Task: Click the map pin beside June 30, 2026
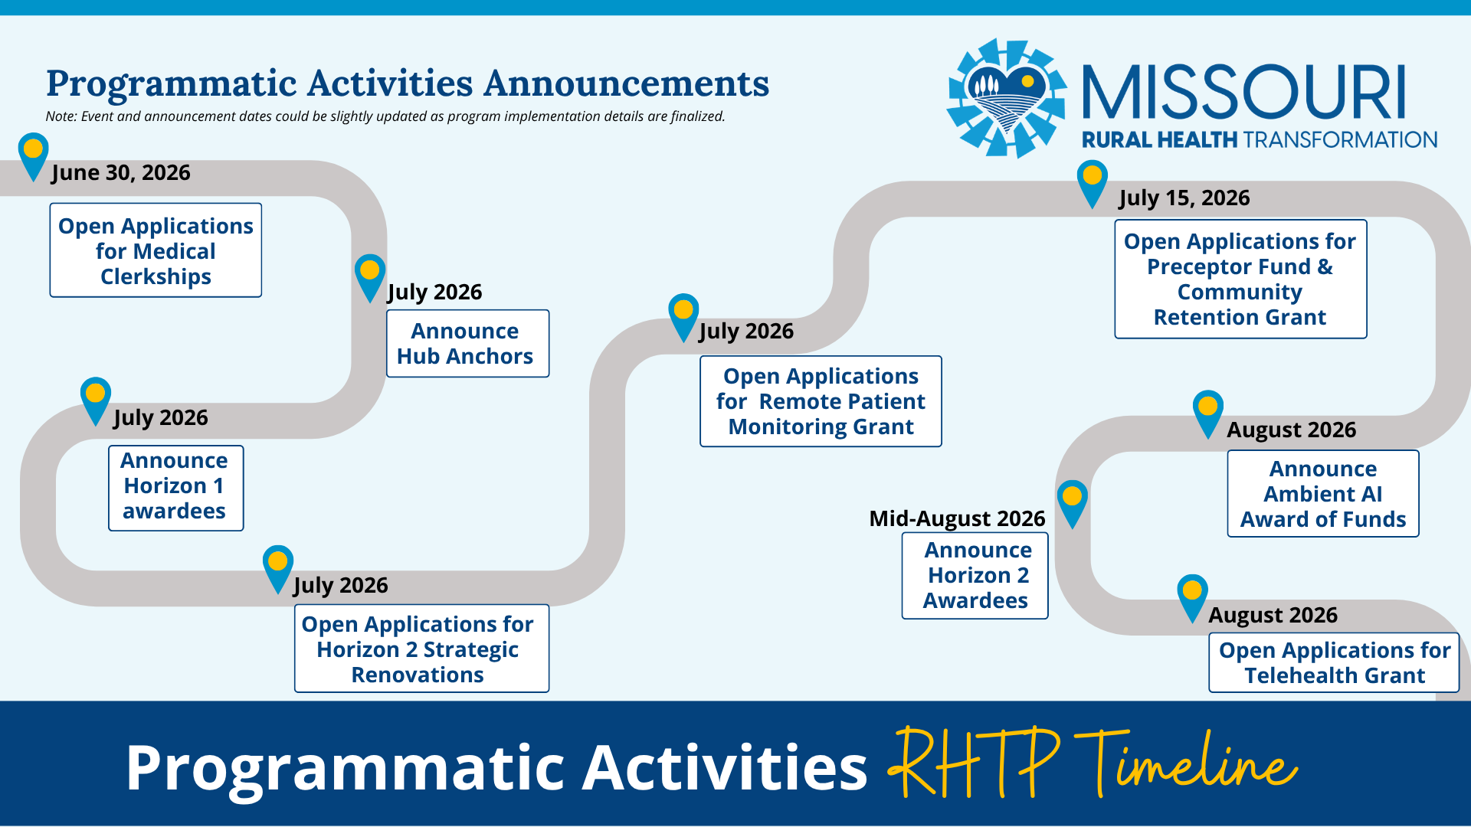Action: [x=33, y=155]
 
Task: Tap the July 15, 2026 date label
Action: [x=1184, y=198]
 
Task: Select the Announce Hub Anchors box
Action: [x=467, y=343]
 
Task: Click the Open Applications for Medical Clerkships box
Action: [x=156, y=250]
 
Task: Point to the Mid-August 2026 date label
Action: [x=957, y=518]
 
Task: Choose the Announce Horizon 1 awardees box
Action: [x=175, y=488]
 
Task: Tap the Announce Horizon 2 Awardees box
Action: [x=975, y=575]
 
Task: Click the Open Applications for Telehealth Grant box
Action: [x=1334, y=662]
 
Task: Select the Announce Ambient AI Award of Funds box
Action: [x=1323, y=493]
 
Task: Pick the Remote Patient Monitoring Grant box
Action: [x=821, y=401]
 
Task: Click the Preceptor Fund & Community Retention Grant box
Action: [x=1240, y=279]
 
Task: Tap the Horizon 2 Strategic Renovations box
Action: [x=421, y=649]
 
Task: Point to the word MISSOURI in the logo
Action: [x=1244, y=93]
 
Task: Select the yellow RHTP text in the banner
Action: [x=974, y=761]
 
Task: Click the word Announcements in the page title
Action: [x=626, y=83]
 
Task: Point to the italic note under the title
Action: [x=385, y=116]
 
